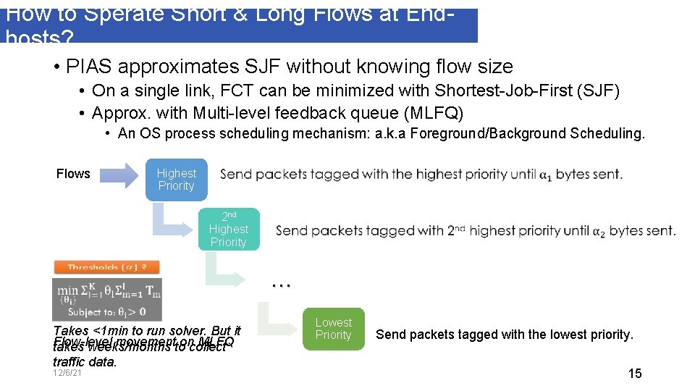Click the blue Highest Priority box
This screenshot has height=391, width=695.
click(176, 180)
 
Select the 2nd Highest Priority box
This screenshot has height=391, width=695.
click(228, 230)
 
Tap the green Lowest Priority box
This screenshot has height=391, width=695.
click(333, 329)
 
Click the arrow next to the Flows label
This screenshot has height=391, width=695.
click(117, 174)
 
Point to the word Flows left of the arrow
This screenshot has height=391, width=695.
click(73, 174)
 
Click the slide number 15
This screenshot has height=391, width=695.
click(634, 374)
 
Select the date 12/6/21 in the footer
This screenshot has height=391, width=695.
click(67, 373)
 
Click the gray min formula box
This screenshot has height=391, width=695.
click(107, 299)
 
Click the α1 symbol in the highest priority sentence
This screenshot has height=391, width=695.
click(549, 175)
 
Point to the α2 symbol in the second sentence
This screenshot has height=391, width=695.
click(599, 231)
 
